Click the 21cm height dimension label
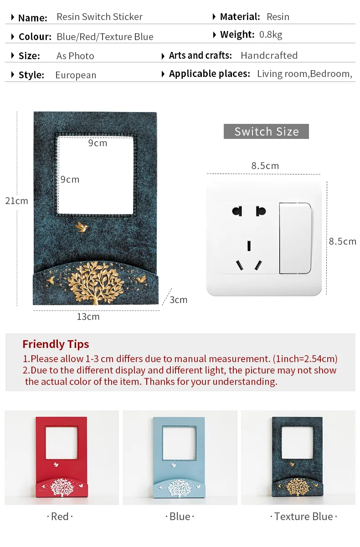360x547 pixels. tap(16, 201)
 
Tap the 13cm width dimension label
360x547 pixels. tap(88, 317)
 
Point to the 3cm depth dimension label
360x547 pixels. tap(179, 300)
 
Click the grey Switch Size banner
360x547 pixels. tap(266, 131)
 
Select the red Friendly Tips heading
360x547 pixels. tap(56, 344)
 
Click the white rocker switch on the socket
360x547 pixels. tap(295, 238)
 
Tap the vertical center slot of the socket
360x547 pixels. tap(249, 245)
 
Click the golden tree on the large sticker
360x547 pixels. tap(96, 283)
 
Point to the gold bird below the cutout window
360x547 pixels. tap(82, 227)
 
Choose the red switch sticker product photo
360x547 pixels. tap(62, 458)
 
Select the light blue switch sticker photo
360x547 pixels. tap(180, 458)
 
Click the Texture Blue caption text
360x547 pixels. tap(303, 516)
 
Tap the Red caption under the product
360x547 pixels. tap(60, 516)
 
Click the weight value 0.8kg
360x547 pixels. tap(271, 35)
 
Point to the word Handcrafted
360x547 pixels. tap(269, 56)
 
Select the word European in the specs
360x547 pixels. tap(76, 75)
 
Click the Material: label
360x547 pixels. tap(240, 16)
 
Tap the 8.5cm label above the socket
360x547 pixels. tap(265, 166)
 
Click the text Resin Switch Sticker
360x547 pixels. tap(99, 16)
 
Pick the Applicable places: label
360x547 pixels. tap(210, 74)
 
